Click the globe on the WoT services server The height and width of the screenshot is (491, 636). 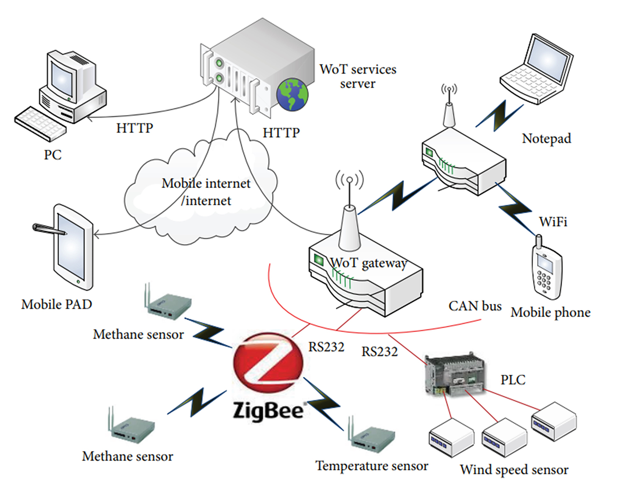pyautogui.click(x=292, y=94)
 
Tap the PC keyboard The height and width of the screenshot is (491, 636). pyautogui.click(x=40, y=123)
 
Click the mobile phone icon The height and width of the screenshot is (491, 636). pyautogui.click(x=547, y=272)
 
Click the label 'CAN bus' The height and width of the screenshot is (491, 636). pyautogui.click(x=475, y=306)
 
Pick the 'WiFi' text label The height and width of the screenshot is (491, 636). pyautogui.click(x=553, y=222)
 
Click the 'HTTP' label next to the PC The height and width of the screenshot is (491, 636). pyautogui.click(x=134, y=128)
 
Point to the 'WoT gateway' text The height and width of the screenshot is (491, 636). pyautogui.click(x=368, y=263)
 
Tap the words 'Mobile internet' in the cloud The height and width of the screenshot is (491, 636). pyautogui.click(x=206, y=183)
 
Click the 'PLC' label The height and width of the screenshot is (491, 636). pyautogui.click(x=513, y=379)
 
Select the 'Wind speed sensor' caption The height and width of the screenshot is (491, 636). pyautogui.click(x=514, y=470)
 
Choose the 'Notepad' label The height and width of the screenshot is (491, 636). pyautogui.click(x=547, y=138)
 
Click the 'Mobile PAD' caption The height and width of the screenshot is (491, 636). pyautogui.click(x=57, y=304)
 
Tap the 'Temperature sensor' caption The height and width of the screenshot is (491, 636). pyautogui.click(x=372, y=466)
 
